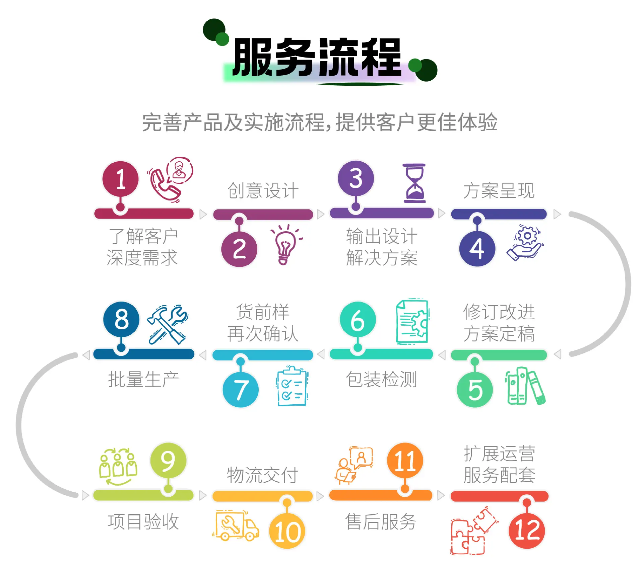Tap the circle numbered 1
click(x=121, y=179)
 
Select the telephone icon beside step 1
click(x=170, y=180)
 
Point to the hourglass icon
click(x=414, y=183)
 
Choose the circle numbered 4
click(x=477, y=249)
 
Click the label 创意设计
click(x=263, y=191)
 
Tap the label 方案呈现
click(x=499, y=191)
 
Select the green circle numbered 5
click(x=475, y=390)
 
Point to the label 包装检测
click(x=381, y=379)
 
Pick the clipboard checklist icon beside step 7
click(x=292, y=386)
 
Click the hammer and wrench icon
click(x=168, y=324)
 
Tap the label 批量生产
click(x=143, y=379)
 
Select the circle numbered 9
click(x=168, y=461)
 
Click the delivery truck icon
click(x=236, y=525)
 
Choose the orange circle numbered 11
click(x=405, y=461)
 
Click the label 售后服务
click(x=381, y=521)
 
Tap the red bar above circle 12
click(x=499, y=496)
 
